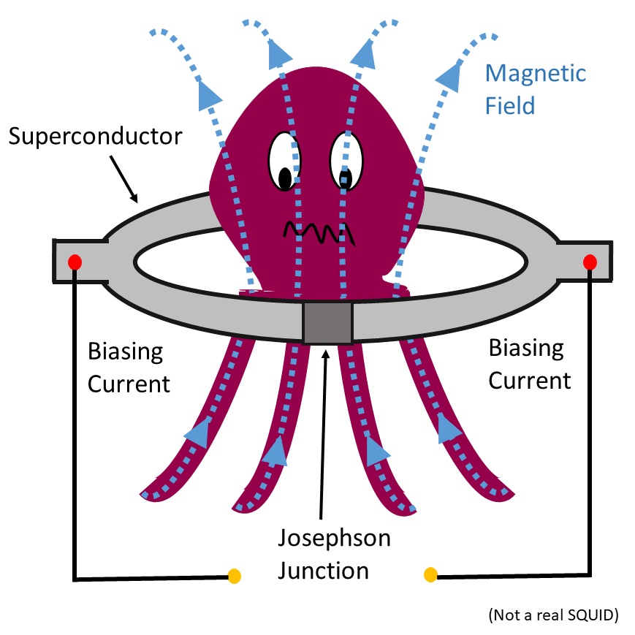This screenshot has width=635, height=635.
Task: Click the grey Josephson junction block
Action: pyautogui.click(x=327, y=322)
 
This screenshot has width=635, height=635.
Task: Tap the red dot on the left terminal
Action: pyautogui.click(x=75, y=262)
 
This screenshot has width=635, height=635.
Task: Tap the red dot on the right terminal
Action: pyautogui.click(x=590, y=262)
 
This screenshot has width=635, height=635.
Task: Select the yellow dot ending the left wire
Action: pyautogui.click(x=234, y=576)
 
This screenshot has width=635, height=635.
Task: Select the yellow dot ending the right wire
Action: pyautogui.click(x=430, y=574)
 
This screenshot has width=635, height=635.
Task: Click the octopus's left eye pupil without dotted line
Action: pyautogui.click(x=285, y=178)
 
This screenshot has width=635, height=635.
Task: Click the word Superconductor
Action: pyautogui.click(x=96, y=137)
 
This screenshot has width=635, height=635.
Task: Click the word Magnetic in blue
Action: pyautogui.click(x=536, y=74)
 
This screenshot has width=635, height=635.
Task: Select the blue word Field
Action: pyautogui.click(x=510, y=106)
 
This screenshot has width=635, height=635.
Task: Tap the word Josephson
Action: pyautogui.click(x=334, y=539)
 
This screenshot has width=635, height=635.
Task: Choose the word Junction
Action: pyautogui.click(x=323, y=571)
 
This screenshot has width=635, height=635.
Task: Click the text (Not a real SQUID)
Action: pyautogui.click(x=554, y=615)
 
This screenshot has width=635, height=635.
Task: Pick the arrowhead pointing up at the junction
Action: pyautogui.click(x=326, y=354)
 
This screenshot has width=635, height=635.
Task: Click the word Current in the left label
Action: pyautogui.click(x=129, y=384)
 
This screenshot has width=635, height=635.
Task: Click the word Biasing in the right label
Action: pyautogui.click(x=526, y=349)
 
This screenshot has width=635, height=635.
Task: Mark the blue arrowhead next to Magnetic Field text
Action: pyautogui.click(x=451, y=77)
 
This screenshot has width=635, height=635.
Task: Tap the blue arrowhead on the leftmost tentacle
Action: pyautogui.click(x=198, y=433)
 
